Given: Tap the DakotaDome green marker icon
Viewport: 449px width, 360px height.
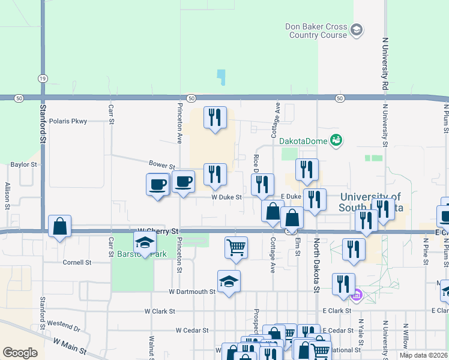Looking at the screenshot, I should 336,140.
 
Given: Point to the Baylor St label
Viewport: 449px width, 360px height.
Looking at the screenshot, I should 24,164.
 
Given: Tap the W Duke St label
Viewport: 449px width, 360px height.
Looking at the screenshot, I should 226,197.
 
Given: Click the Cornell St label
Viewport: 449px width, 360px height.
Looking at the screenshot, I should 77,262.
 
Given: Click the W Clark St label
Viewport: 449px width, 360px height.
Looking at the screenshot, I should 159,311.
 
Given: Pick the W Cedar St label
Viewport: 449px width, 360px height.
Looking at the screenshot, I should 191,330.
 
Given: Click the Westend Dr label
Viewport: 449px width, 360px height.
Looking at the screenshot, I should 64,329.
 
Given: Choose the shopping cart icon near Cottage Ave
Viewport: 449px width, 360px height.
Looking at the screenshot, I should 237,246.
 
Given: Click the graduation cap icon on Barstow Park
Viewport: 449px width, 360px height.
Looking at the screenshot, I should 145,242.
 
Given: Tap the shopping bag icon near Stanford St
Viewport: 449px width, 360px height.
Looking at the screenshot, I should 59,226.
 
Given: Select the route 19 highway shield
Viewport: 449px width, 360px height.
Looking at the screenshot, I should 42,79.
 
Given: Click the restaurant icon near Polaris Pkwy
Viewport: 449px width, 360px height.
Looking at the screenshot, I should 215,116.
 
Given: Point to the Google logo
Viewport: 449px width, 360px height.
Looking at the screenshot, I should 20,353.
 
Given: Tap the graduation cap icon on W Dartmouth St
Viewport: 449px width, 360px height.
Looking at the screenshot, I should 229,281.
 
